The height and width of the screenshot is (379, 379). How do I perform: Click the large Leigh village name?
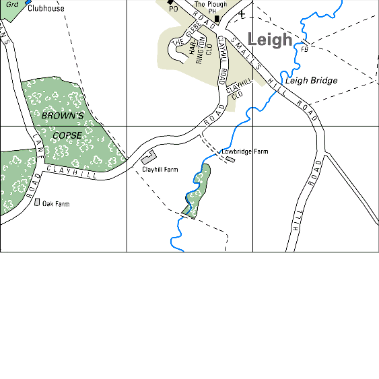pos(270,39)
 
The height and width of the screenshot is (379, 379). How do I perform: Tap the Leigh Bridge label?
pos(311,81)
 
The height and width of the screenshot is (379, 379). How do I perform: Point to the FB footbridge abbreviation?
pos(304,49)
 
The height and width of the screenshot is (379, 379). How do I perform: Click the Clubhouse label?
pos(46,9)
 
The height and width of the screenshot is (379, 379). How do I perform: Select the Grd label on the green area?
pos(11,5)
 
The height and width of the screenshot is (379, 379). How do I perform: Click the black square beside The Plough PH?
pos(217,18)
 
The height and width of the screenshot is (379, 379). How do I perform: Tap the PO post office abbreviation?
pos(173,9)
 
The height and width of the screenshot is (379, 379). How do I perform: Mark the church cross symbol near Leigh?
pos(242,14)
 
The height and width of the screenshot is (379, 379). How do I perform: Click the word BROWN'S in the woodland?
pos(62,116)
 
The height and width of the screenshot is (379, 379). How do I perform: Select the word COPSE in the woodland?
pos(67,135)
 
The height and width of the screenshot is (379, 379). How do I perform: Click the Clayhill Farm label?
pos(160,170)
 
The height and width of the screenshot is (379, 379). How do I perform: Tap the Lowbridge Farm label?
pos(244,152)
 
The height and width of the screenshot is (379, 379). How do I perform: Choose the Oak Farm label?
pos(56,204)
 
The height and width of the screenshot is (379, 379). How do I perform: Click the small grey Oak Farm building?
pos(37,202)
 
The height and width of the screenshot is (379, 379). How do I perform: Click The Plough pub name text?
pos(211,4)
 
